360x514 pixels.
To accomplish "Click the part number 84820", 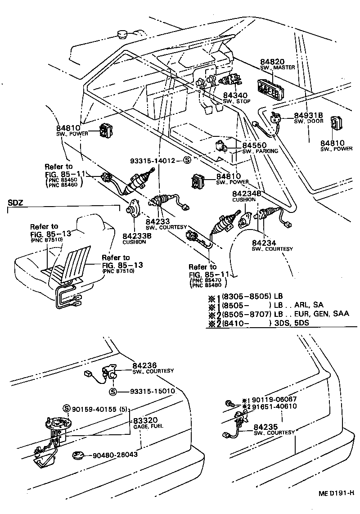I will point(272,61).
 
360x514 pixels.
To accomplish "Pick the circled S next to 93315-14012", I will point(187,160).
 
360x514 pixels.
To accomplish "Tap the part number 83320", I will point(144,419).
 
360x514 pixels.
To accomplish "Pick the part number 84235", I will point(265,426).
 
